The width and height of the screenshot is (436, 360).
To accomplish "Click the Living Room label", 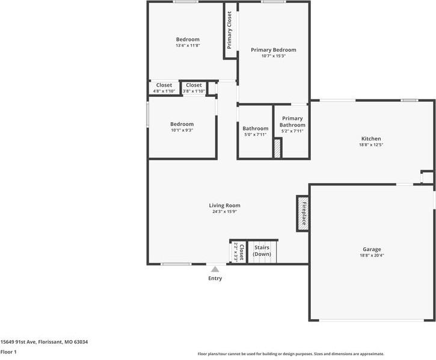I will click(224, 205).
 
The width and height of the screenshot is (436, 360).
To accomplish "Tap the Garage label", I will click(372, 249).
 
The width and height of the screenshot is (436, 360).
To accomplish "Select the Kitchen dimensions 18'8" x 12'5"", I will click(371, 144).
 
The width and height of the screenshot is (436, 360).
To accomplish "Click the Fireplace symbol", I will click(303, 214).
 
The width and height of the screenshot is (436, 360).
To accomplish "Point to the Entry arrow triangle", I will click(215, 269).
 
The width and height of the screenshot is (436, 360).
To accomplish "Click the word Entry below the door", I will click(215, 278).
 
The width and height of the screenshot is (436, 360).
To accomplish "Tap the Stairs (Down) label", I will click(262, 250).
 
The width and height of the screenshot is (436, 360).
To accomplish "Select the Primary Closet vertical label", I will click(230, 30).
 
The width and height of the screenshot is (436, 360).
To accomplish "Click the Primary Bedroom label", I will click(274, 50).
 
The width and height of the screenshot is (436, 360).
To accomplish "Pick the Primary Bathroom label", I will click(292, 122).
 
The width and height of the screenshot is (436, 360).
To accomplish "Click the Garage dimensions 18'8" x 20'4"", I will click(372, 255).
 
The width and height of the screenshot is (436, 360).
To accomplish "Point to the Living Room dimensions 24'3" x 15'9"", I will click(224, 212).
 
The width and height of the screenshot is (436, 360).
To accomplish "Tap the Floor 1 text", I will click(8, 352).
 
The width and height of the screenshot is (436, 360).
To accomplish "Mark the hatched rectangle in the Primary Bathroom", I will click(277, 148).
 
